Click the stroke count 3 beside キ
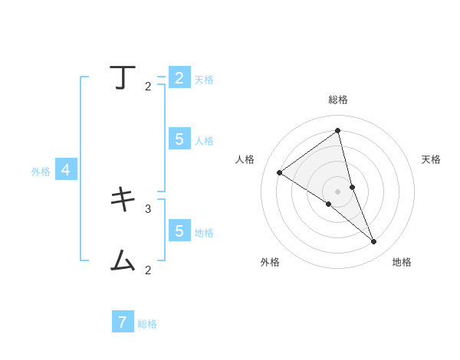tap(148, 208)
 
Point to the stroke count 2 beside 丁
tap(148, 87)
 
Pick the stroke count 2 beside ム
tap(148, 270)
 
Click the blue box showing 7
tap(123, 322)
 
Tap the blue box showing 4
tap(66, 170)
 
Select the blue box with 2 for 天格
tap(179, 78)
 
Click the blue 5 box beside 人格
tap(179, 139)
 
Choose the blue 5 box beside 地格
tap(179, 231)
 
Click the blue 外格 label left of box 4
tap(41, 172)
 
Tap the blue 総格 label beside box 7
tap(147, 324)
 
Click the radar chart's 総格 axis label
tap(338, 100)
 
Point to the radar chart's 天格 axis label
tap(431, 159)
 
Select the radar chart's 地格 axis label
tap(402, 262)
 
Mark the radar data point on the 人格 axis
tap(279, 172)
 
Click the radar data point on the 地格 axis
tap(373, 241)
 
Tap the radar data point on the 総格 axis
tap(337, 130)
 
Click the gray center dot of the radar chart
tap(337, 191)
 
